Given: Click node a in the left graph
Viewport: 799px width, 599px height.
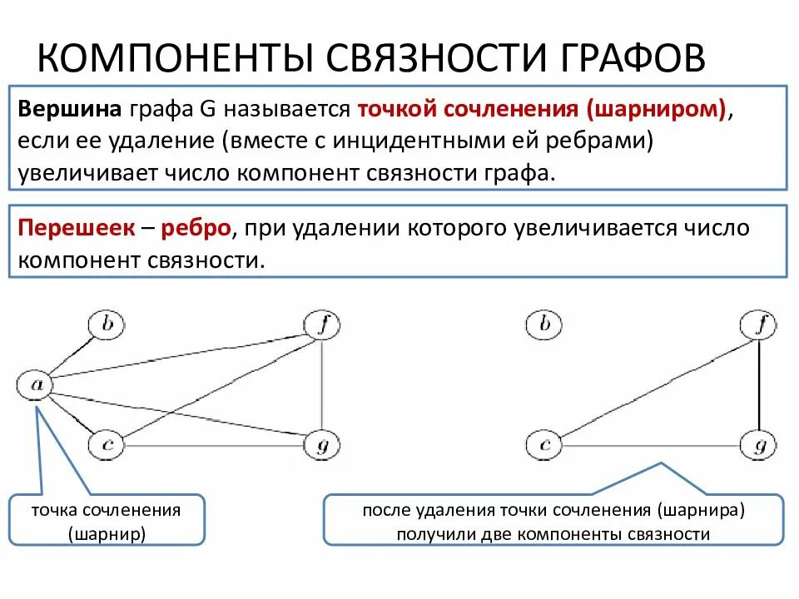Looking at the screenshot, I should [x=35, y=384].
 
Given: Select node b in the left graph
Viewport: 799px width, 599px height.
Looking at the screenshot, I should [x=107, y=324].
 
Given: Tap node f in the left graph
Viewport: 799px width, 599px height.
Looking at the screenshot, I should [x=322, y=325].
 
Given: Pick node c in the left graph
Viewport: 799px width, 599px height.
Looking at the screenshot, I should [x=107, y=445].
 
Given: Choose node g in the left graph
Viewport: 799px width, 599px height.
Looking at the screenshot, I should [x=322, y=445].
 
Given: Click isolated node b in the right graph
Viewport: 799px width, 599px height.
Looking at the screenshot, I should [x=544, y=324].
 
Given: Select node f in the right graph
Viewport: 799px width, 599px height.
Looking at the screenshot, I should [x=759, y=325].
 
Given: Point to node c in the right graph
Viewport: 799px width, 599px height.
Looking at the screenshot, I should [x=544, y=445].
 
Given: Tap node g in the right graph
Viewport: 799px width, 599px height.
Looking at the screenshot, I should [x=759, y=445].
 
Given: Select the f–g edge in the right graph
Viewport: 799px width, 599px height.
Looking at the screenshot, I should [x=759, y=385].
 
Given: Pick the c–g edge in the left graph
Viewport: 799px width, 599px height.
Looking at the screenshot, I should [x=214, y=447].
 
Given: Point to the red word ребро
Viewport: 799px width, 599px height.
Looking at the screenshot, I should [x=196, y=228].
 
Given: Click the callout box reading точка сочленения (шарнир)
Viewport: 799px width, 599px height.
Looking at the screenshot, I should [x=107, y=521].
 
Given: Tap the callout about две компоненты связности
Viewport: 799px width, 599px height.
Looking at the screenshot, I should [x=553, y=521].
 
